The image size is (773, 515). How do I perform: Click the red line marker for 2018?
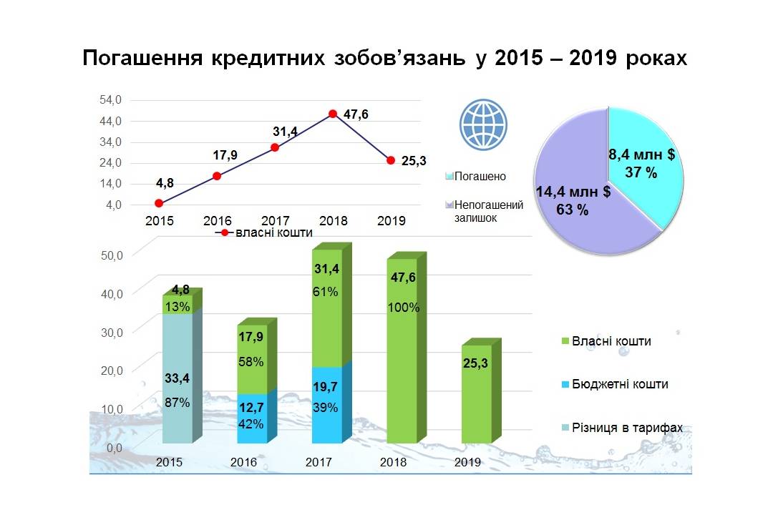[333, 114]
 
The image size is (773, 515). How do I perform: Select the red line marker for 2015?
[159, 203]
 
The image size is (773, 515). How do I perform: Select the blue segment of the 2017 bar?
[326, 405]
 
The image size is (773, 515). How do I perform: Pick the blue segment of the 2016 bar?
[251, 418]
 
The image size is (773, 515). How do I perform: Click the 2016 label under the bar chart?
[243, 462]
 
